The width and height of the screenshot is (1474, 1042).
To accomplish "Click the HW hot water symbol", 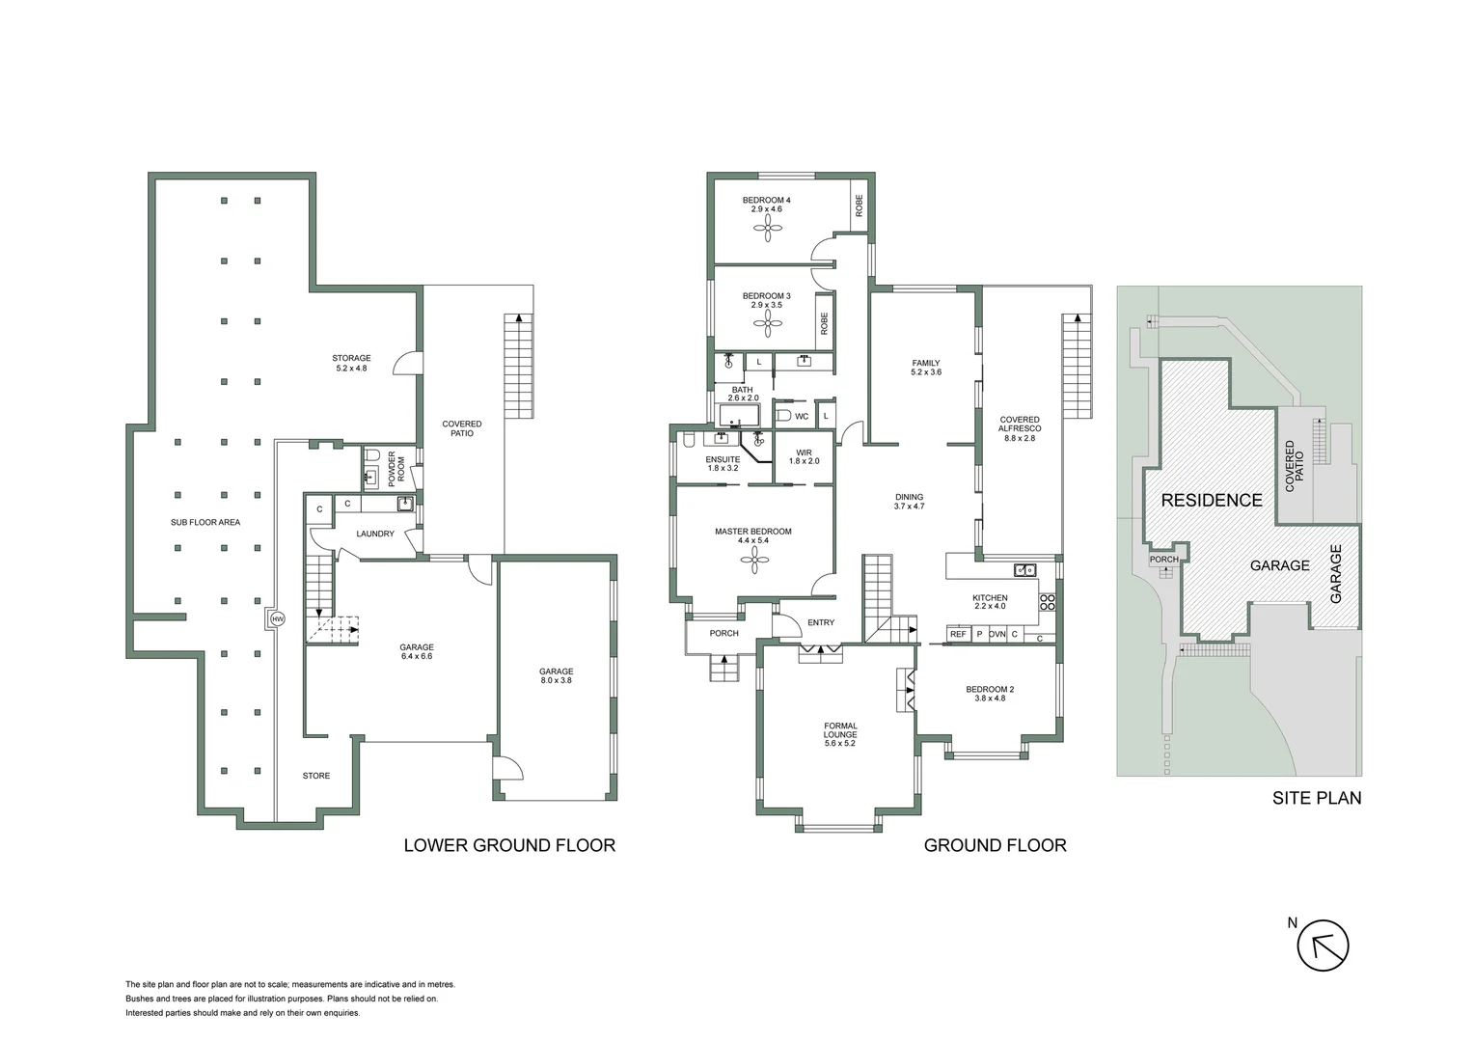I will point(278,618).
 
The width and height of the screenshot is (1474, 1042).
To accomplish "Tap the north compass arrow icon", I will point(1322,945).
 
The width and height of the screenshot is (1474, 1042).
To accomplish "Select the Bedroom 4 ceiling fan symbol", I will point(768,228).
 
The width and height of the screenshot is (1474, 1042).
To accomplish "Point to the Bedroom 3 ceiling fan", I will point(768,323).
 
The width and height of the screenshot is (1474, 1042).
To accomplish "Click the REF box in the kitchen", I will point(958,634).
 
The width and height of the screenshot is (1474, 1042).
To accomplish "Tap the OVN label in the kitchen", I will point(997,634).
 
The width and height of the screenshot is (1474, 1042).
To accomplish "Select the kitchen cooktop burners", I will point(1048,604).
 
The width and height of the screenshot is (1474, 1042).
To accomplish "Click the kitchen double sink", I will point(1024,568).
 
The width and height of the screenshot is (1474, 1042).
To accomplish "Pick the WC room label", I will point(802,417).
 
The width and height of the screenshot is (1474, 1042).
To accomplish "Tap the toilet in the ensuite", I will point(688,440).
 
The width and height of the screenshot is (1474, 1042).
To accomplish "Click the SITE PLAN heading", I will point(1316,798).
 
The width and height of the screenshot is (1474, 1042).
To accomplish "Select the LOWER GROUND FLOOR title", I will point(508,845).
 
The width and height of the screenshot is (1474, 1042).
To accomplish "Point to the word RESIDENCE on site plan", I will point(1211,500).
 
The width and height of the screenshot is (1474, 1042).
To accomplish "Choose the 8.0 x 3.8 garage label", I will point(556,676).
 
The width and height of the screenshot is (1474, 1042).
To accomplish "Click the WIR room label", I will point(804,456).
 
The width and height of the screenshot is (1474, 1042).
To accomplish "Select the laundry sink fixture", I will point(405,503).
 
